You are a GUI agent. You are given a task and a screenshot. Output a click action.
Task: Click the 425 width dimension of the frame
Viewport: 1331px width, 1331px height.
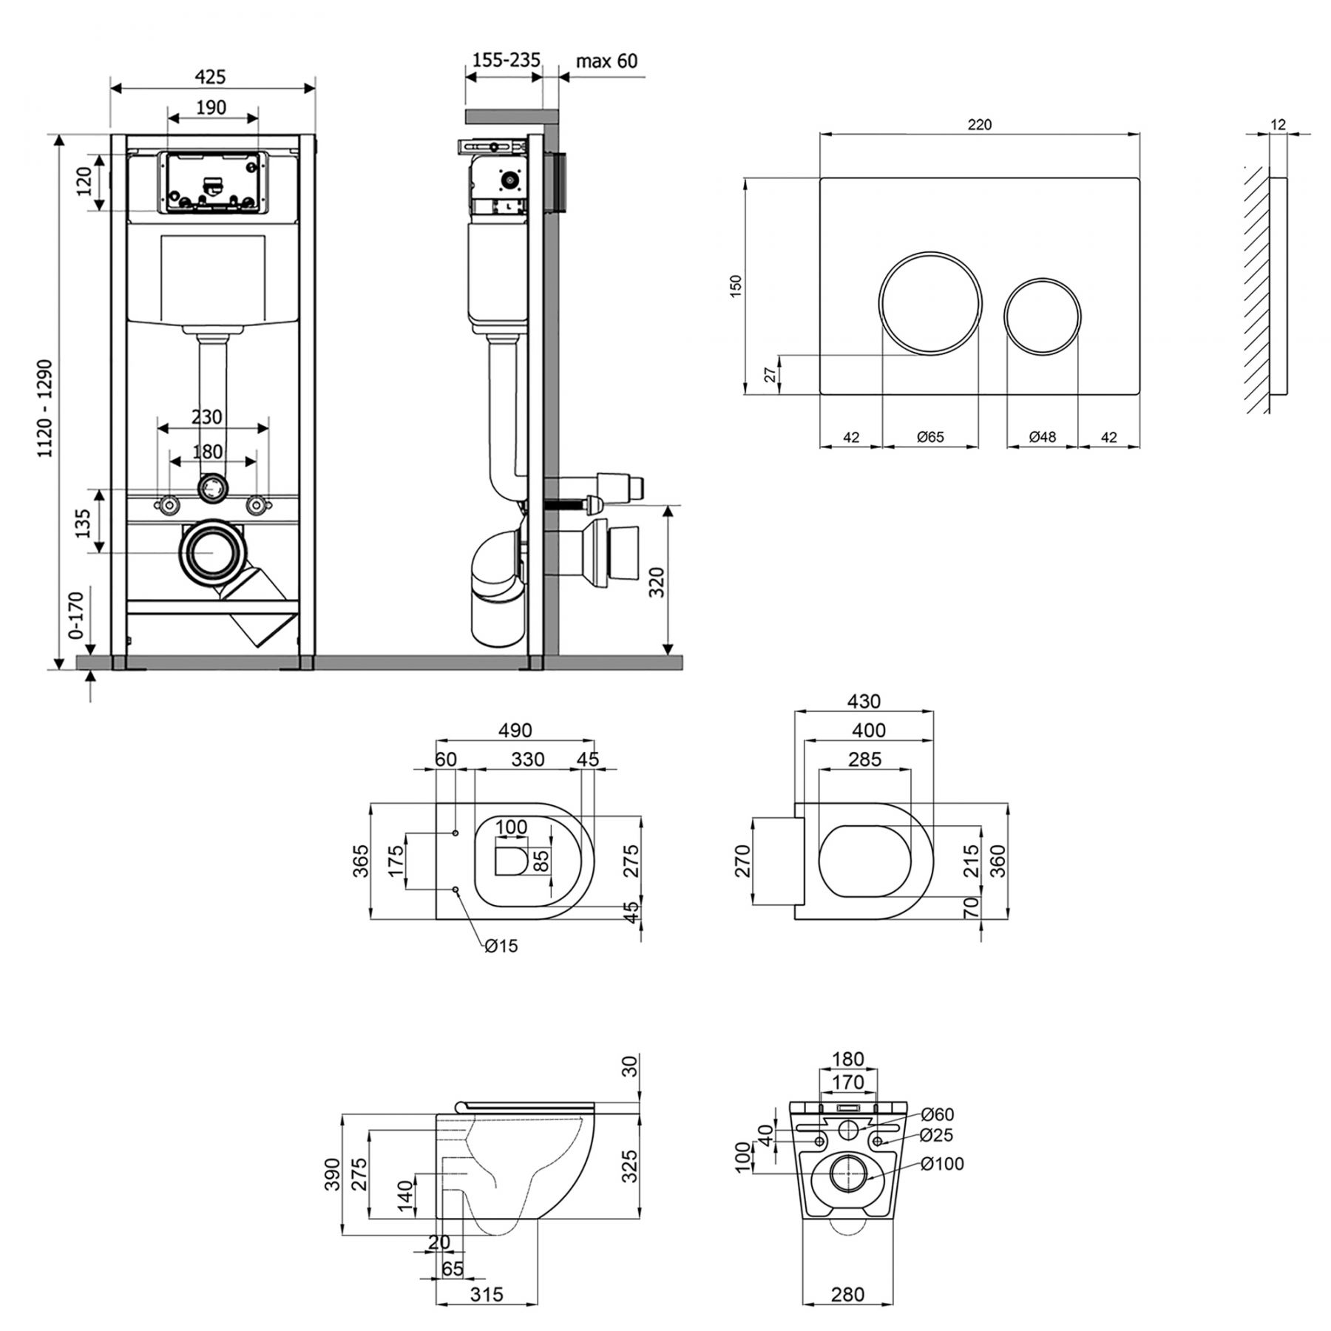click(211, 76)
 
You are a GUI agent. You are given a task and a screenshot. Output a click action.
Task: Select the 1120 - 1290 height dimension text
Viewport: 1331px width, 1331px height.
click(46, 409)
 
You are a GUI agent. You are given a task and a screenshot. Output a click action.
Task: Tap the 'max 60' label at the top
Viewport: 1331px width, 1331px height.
click(606, 61)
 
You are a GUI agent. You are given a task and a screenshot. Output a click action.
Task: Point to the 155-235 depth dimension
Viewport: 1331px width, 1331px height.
click(507, 59)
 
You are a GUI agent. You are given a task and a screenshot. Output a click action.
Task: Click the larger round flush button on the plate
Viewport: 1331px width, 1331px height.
click(931, 303)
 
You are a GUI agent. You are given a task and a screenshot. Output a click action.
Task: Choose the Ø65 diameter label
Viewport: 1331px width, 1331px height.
click(930, 437)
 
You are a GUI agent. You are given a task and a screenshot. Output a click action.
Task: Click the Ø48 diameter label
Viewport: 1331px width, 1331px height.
click(1043, 437)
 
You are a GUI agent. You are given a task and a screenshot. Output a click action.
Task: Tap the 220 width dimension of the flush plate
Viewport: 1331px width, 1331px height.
click(979, 125)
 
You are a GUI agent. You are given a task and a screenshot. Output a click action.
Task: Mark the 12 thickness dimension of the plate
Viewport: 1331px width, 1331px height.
click(1279, 125)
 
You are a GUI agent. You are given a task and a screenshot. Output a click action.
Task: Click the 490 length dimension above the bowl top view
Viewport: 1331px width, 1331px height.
click(515, 731)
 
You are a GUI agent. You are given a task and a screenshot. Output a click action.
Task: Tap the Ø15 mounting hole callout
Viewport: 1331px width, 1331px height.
click(501, 946)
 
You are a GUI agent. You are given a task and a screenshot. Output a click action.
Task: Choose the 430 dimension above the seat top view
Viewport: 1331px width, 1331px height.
click(864, 701)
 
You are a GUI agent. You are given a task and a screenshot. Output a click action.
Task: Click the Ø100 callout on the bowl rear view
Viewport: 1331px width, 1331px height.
click(943, 1164)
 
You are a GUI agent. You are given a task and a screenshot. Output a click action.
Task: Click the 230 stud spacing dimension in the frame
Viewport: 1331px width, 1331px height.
click(206, 418)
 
